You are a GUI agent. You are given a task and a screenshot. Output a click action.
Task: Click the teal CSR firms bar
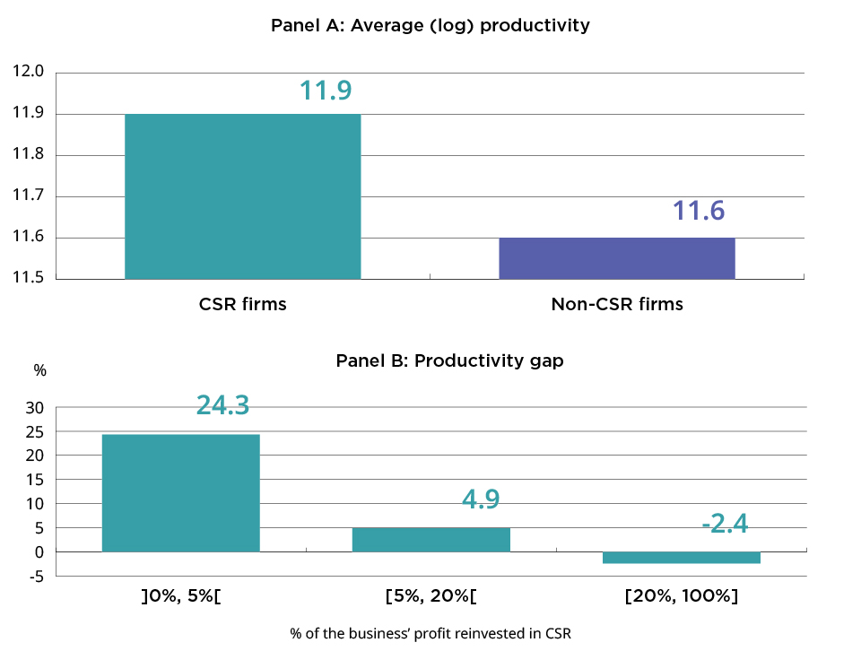[x=242, y=196]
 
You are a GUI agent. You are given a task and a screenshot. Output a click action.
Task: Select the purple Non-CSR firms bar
[x=616, y=258]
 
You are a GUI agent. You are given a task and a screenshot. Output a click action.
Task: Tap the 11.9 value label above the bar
[x=325, y=91]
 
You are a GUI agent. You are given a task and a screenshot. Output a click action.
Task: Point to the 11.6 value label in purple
[x=699, y=212]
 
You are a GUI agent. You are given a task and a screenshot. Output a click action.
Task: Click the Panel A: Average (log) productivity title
[x=430, y=25]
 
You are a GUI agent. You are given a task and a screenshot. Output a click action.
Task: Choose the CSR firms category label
[x=242, y=304]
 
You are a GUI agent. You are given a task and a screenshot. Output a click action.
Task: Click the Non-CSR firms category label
[x=616, y=304]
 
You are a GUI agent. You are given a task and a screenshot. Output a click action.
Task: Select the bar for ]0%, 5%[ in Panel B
[x=180, y=492]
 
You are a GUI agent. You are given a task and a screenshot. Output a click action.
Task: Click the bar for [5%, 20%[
[x=430, y=540]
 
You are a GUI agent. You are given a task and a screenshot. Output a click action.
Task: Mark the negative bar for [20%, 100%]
[x=681, y=558]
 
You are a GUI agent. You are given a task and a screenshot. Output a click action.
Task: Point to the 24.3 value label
[x=222, y=405]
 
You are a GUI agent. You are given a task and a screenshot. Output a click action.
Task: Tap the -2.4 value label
[x=725, y=523]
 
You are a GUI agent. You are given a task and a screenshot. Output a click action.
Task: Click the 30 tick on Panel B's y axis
[x=35, y=407]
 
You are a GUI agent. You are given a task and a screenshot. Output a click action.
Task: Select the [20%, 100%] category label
[x=681, y=595]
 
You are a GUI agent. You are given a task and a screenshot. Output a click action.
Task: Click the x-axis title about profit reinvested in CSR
[x=430, y=633]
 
